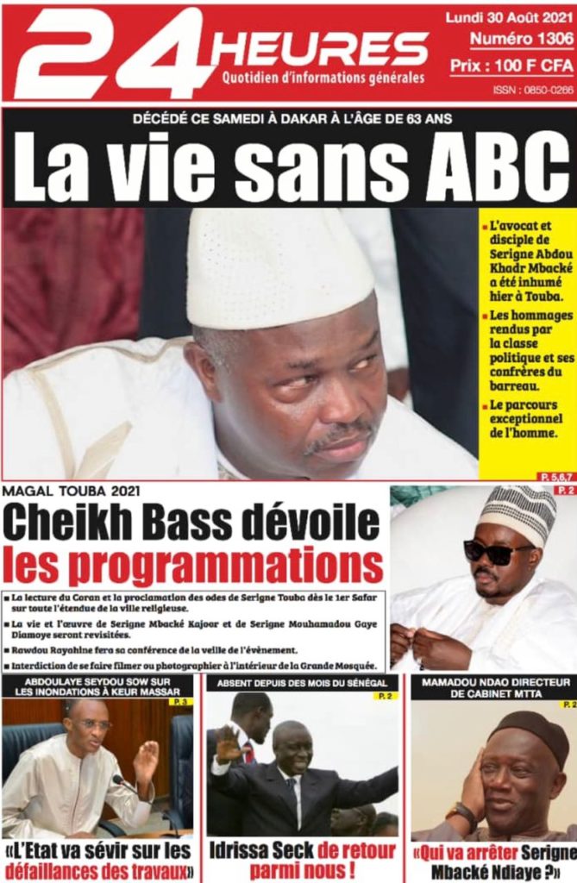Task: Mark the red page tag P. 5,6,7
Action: coord(556,475)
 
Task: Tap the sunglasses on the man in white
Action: coord(498,552)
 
